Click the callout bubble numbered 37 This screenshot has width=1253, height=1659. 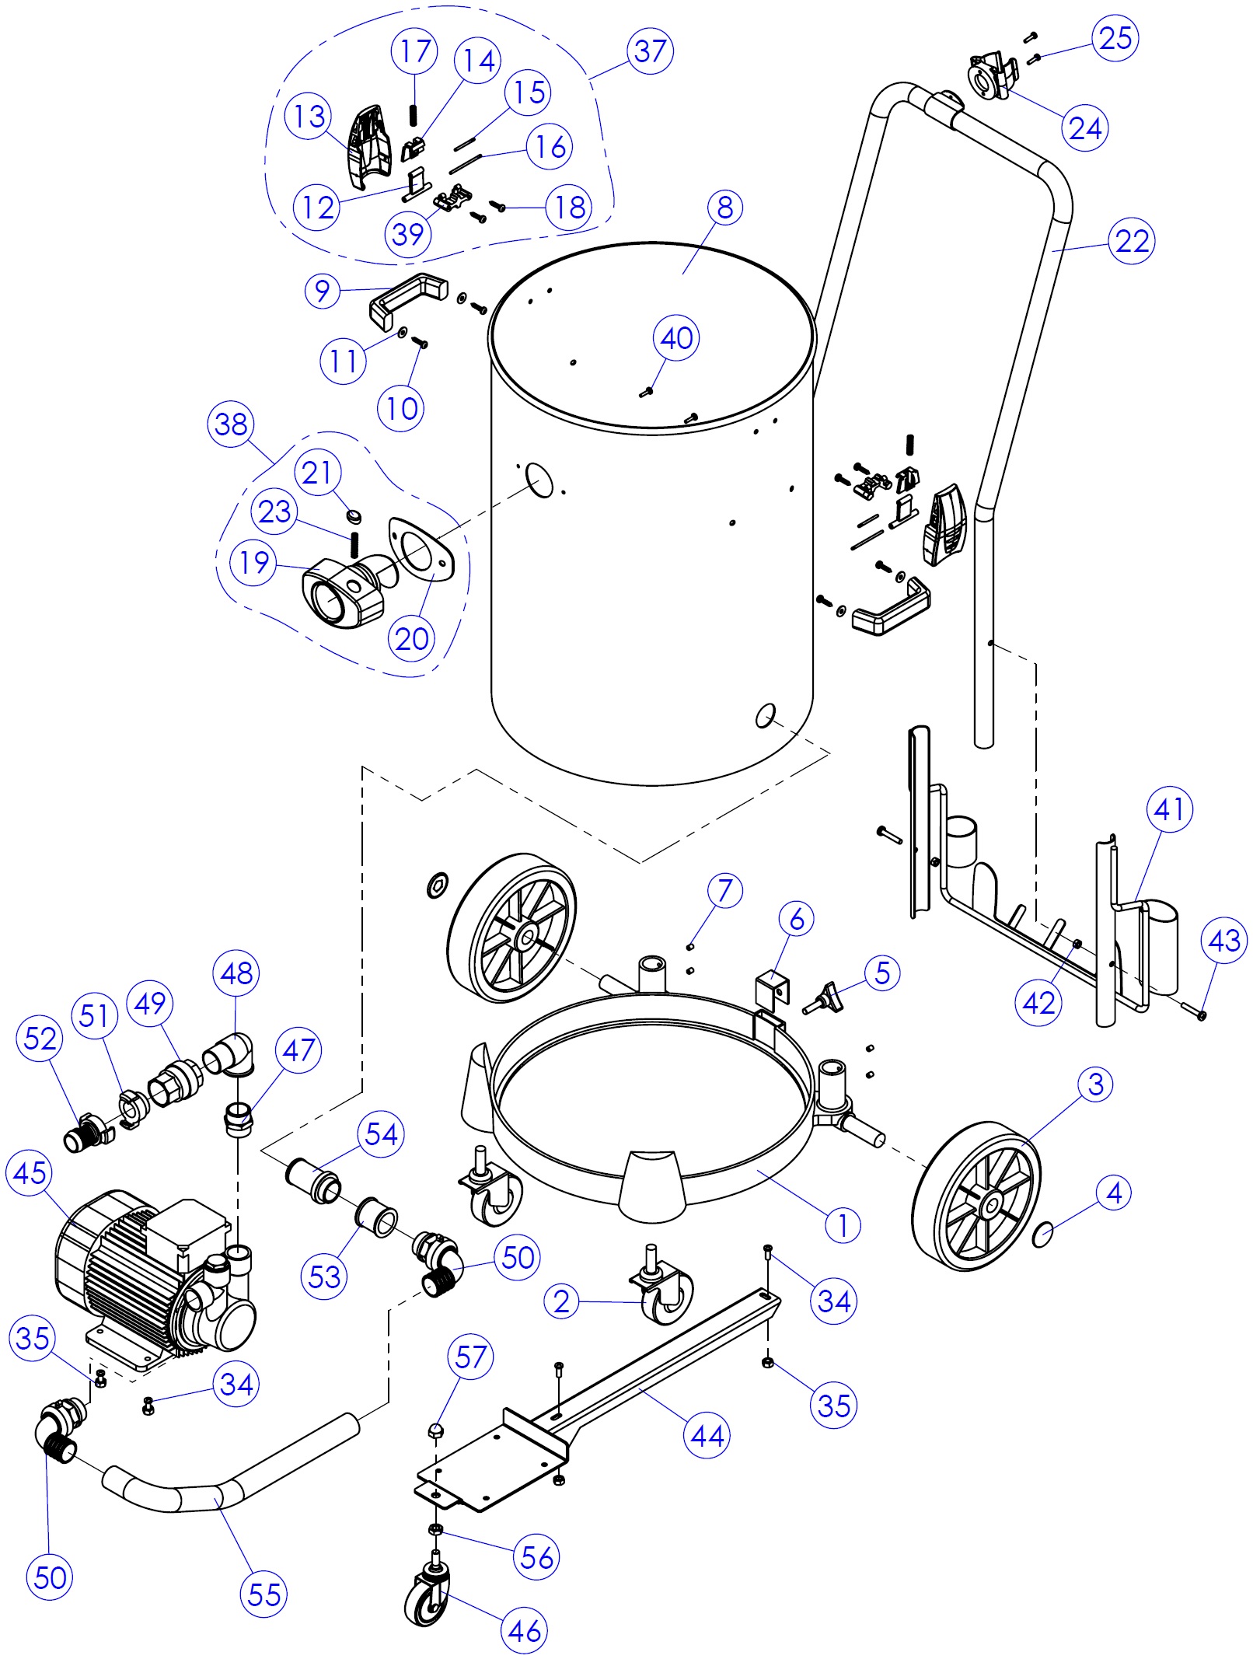[x=650, y=51]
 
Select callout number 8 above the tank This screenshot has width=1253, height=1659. [x=724, y=208]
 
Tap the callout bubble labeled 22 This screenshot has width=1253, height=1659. [x=1131, y=241]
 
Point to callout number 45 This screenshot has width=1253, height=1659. [x=30, y=1172]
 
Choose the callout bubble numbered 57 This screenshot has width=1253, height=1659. [x=470, y=1357]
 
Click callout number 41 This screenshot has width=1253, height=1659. [x=1169, y=809]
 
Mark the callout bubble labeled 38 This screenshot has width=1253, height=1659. [x=231, y=424]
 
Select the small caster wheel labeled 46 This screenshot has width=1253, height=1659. [x=428, y=1594]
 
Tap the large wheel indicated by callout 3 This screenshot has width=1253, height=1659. [x=977, y=1196]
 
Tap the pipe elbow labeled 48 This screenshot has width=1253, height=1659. [x=229, y=1055]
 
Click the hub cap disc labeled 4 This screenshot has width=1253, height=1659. [x=1043, y=1234]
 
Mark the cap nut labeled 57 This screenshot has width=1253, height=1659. [x=436, y=1430]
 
